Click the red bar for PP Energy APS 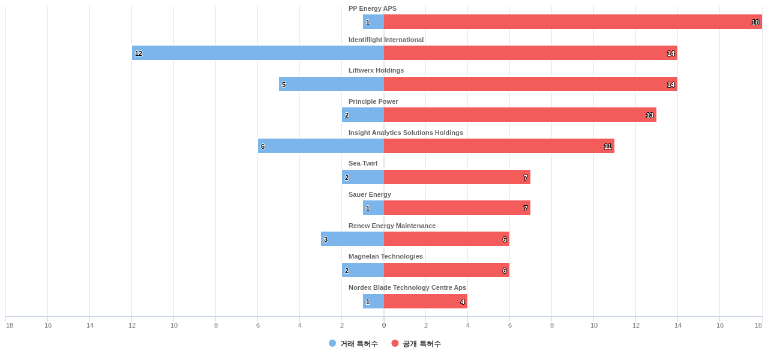(x=572, y=22)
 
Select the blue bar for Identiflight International (x=258, y=53)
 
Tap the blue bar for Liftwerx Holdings (x=331, y=84)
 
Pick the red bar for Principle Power (x=520, y=115)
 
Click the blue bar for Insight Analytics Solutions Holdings (x=321, y=146)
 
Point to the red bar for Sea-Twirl (x=457, y=177)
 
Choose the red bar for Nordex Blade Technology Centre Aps (x=425, y=301)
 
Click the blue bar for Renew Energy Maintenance (x=352, y=239)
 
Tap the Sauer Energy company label (x=370, y=194)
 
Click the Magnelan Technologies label (x=386, y=256)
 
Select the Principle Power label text (x=373, y=101)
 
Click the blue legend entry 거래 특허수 (x=353, y=344)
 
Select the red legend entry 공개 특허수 (x=416, y=344)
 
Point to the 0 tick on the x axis (x=384, y=325)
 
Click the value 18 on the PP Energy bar (x=755, y=22)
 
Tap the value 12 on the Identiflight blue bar (x=139, y=53)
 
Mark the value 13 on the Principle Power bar (x=650, y=115)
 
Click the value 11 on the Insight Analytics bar (x=608, y=146)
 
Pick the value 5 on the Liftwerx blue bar (x=284, y=85)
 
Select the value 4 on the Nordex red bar (x=463, y=302)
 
